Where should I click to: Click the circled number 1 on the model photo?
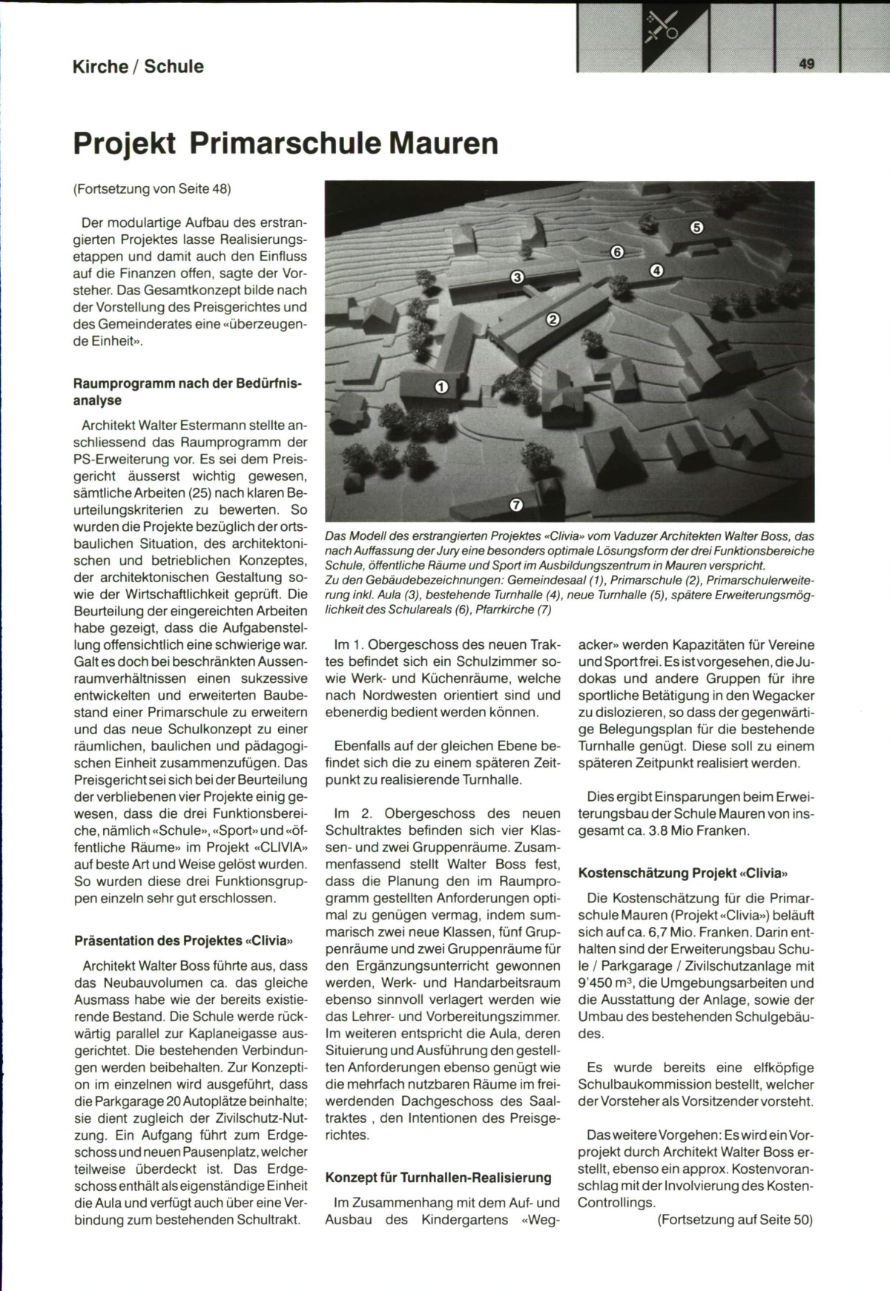coord(441,386)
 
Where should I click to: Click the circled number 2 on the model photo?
coord(553,320)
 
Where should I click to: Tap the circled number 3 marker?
coord(518,277)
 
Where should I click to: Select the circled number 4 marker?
coord(656,270)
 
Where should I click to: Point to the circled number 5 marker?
coord(696,228)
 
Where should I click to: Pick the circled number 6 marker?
coord(617,252)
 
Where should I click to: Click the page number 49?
coord(807,64)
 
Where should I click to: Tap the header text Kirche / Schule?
coord(138,67)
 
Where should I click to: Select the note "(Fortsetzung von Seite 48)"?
coord(152,188)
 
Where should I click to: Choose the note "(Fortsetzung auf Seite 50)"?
coord(735,1219)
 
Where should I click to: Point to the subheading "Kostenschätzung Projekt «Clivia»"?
coord(682,873)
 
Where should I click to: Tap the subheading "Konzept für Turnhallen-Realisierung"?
coord(438,1177)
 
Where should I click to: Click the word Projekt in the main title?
coord(125,143)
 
